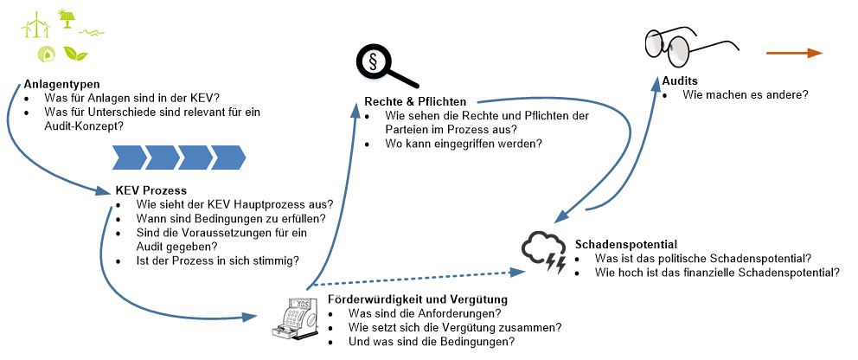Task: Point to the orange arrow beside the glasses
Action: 794,54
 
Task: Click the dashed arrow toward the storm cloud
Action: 415,278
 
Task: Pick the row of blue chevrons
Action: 180,157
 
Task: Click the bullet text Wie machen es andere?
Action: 745,94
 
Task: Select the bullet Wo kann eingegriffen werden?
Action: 464,144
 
